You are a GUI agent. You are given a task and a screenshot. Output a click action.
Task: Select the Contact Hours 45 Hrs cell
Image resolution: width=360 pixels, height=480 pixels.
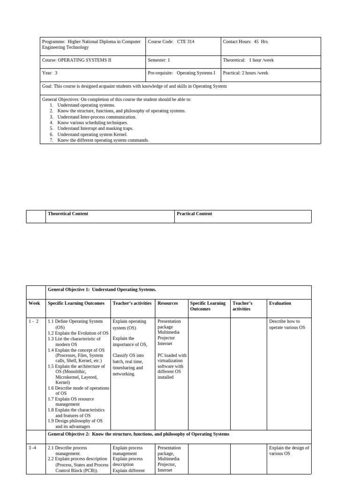245,42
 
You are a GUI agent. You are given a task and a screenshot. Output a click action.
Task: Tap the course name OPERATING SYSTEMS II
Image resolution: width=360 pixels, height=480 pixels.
77,60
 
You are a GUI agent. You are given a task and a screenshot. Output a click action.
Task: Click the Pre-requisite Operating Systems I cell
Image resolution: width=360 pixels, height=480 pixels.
181,73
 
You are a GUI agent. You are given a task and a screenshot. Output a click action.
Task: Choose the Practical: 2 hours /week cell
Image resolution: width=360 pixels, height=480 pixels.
246,73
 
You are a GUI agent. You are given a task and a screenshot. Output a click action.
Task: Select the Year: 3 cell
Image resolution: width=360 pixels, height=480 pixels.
50,73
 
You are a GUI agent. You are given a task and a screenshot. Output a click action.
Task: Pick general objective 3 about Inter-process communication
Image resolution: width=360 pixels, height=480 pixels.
97,117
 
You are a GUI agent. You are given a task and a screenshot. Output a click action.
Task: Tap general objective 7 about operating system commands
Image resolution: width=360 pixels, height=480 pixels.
103,140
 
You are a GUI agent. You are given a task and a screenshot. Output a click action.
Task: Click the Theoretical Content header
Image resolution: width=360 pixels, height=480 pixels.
68,214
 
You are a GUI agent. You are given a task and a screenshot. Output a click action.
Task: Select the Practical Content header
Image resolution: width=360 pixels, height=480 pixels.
194,214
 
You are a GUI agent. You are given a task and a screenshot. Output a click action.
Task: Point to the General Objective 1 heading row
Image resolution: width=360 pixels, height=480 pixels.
102,290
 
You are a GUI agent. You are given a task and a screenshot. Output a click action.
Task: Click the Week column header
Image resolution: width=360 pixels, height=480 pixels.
35,303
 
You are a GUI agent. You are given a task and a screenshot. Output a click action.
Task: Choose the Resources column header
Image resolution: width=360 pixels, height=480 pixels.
168,303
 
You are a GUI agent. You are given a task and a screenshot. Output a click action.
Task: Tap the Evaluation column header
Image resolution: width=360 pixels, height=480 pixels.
280,303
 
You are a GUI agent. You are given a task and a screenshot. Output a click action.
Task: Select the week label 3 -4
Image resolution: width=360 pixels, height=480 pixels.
33,448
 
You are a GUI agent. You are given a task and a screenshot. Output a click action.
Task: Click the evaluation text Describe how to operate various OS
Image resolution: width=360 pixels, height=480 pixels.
287,324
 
